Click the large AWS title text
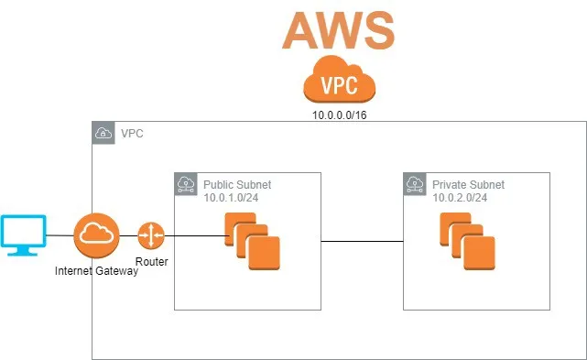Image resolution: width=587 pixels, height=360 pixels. pyautogui.click(x=338, y=29)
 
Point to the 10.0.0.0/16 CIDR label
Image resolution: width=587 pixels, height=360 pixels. pyautogui.click(x=341, y=116)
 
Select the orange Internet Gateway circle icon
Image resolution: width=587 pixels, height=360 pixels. pyautogui.click(x=96, y=235)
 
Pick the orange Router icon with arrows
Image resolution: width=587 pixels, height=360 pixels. pyautogui.click(x=150, y=235)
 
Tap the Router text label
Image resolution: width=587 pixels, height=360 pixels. pyautogui.click(x=150, y=261)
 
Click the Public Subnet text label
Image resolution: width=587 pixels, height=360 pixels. pyautogui.click(x=237, y=184)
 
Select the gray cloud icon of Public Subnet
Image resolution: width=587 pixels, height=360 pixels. pyautogui.click(x=186, y=184)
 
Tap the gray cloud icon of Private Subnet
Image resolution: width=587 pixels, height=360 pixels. pyautogui.click(x=415, y=184)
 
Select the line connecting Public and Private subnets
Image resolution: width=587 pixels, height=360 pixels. pyautogui.click(x=362, y=242)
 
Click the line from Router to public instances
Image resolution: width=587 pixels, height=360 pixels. pyautogui.click(x=192, y=235)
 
